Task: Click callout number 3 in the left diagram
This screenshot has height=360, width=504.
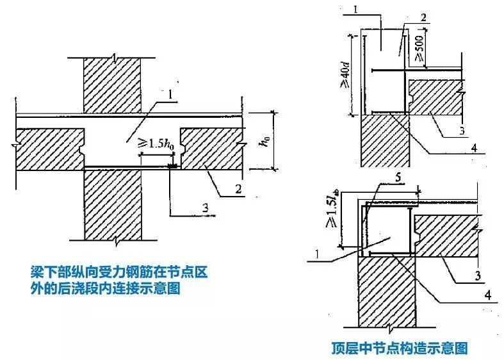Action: point(204,206)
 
